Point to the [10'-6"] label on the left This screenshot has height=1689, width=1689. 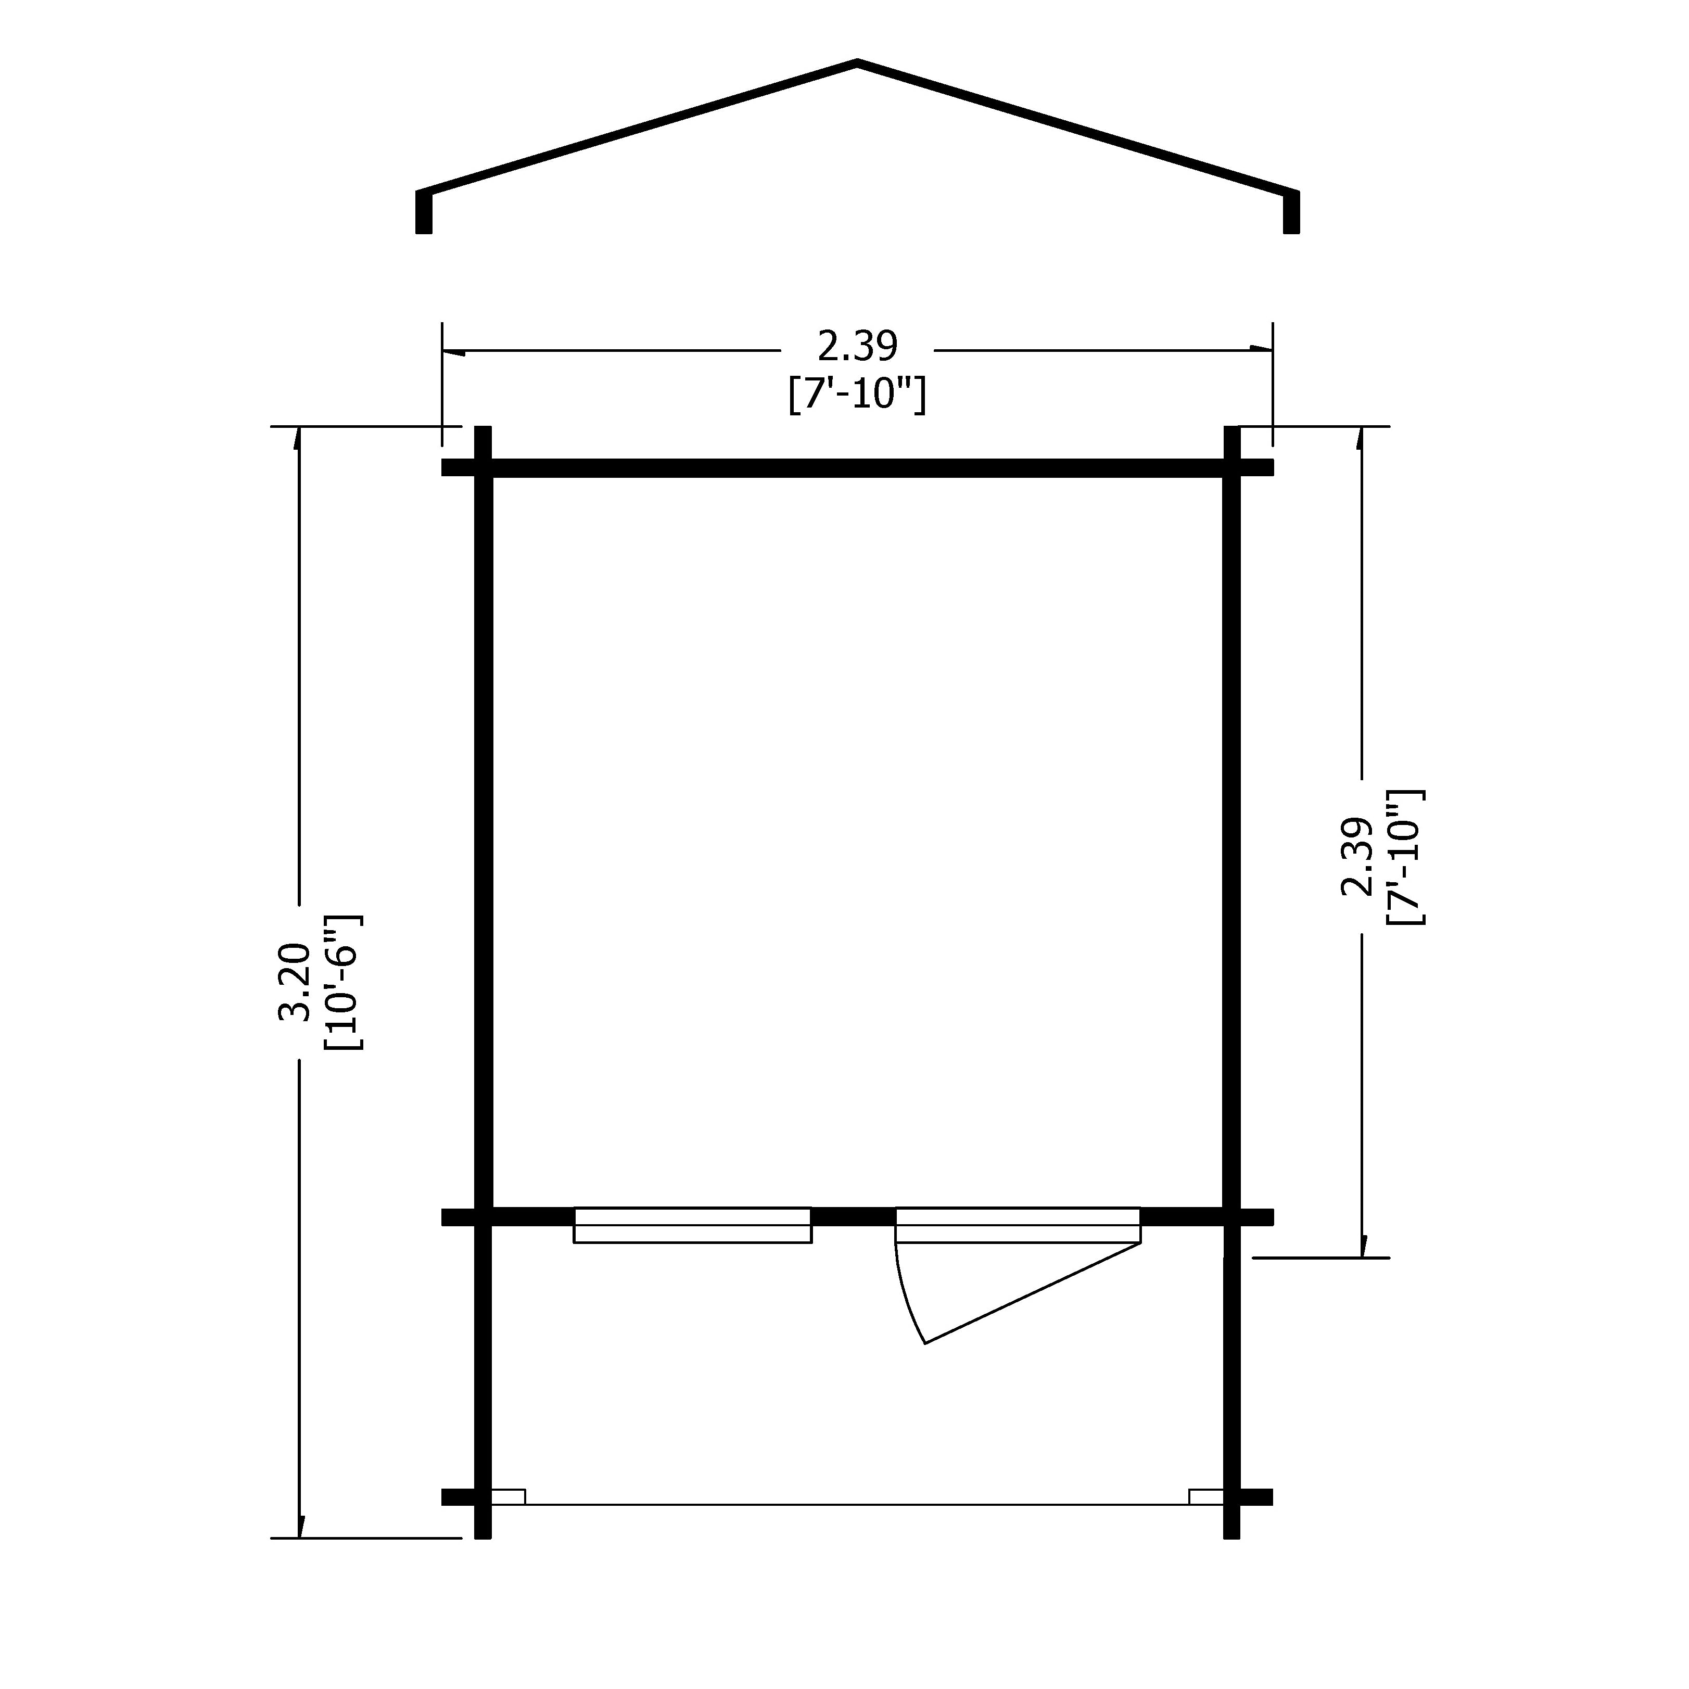tap(344, 982)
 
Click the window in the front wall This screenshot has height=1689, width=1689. tap(692, 1225)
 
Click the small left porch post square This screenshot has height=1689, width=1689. tap(508, 1496)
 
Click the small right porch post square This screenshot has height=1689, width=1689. tap(1207, 1496)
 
